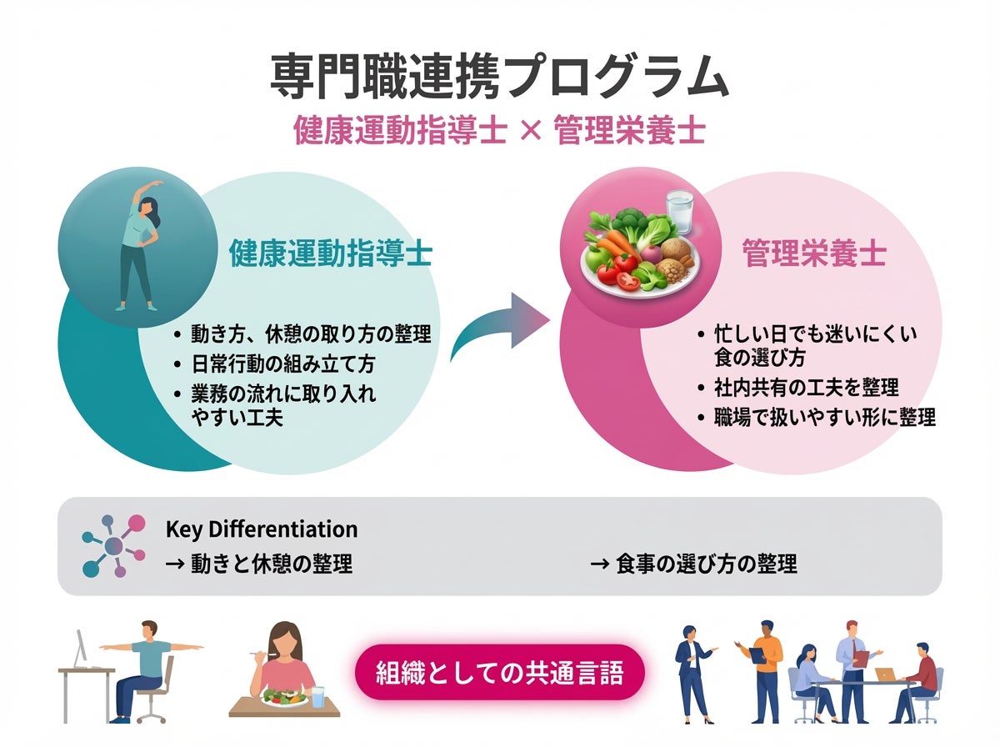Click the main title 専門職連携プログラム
[499, 80]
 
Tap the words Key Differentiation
[262, 529]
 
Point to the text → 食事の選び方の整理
[693, 564]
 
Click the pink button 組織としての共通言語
[500, 672]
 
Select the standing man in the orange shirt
[764, 667]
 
